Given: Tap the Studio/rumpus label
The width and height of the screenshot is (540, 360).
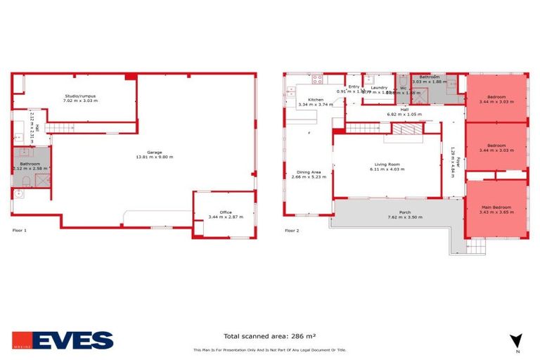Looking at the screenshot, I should coord(79,96).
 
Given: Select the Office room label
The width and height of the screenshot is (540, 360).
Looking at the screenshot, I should coord(225,212).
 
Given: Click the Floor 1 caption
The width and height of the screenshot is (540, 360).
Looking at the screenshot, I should coord(20,230).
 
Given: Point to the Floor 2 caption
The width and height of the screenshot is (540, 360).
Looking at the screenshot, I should coord(291,230).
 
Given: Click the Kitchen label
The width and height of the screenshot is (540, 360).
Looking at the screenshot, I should coord(315,100).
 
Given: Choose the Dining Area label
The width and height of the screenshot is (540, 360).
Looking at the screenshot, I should coord(309,172).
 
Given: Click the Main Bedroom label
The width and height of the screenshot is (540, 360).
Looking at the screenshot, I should coord(496,207).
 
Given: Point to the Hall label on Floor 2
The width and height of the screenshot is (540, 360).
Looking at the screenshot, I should coord(403,110).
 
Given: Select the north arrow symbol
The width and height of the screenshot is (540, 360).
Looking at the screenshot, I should coord(517,340).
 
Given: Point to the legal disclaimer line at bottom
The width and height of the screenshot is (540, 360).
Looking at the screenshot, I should coord(269,350).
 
